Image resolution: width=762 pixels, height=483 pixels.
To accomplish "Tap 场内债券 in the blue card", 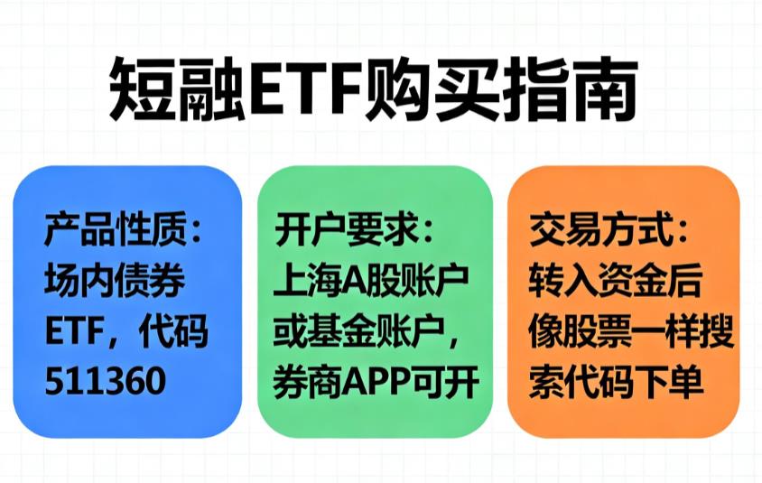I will pos(115,283).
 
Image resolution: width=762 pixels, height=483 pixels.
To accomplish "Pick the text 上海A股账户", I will pos(371,283).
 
